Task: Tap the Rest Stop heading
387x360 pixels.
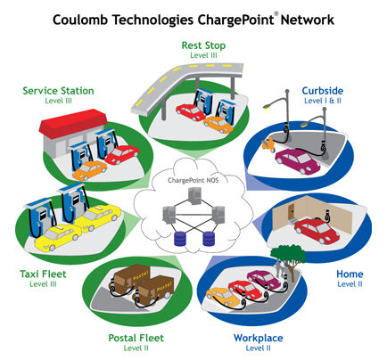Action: coord(203,45)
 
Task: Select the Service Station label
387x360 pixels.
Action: coord(58,91)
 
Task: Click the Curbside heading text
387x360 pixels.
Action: coord(323,91)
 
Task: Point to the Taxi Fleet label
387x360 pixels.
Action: coord(43,274)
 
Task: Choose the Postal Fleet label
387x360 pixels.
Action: coord(136,338)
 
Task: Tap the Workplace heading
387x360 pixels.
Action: coord(259,338)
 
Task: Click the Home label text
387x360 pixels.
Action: coord(350,274)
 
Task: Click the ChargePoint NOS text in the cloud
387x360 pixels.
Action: coord(193,180)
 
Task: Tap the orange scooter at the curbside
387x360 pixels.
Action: coord(268,144)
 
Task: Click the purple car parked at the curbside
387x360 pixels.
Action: coord(298,161)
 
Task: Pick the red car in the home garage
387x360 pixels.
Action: coord(317,230)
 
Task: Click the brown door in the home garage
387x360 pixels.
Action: coord(292,211)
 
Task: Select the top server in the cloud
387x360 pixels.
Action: coord(195,196)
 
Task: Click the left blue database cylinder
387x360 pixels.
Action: coord(180,239)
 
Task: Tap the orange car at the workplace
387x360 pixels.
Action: coord(223,297)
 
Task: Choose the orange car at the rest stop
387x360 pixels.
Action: coord(218,125)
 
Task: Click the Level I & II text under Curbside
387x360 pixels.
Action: coord(323,101)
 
